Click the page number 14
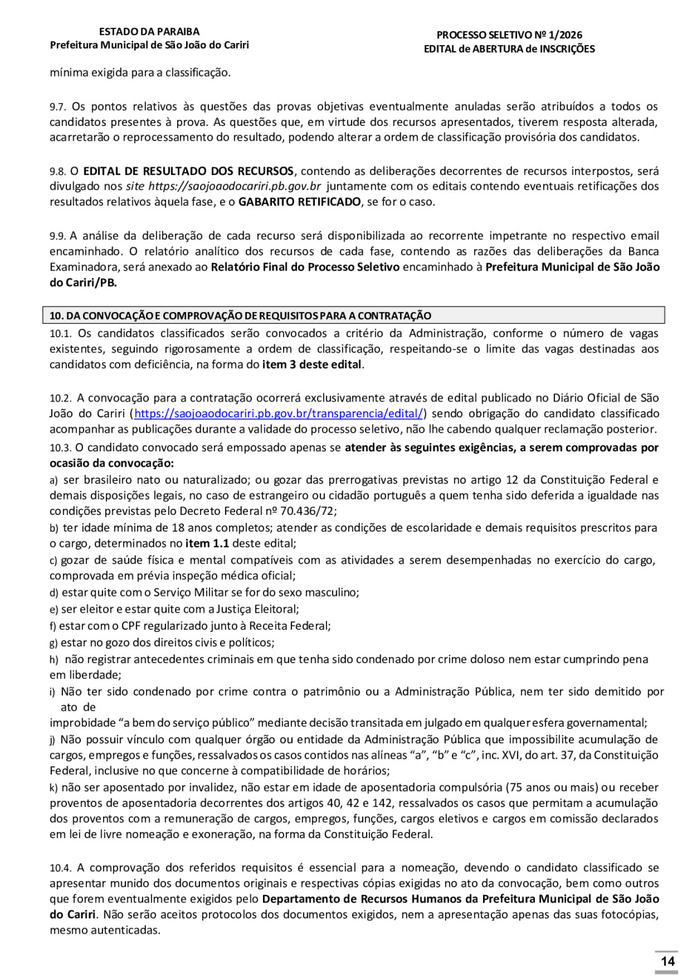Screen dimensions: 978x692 click(667, 961)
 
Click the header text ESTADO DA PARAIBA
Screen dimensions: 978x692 click(149, 32)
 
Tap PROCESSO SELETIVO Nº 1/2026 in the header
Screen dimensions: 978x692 click(509, 35)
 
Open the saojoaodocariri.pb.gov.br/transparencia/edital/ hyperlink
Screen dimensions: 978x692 click(278, 414)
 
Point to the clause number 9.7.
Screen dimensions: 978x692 click(57, 107)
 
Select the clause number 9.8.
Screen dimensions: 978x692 click(57, 172)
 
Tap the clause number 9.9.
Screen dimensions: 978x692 click(57, 237)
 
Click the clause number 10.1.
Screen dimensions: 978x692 click(60, 334)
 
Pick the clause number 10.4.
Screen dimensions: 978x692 click(60, 869)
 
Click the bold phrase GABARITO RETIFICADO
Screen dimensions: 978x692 click(300, 202)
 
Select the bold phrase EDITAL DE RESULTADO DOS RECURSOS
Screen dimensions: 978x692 click(188, 171)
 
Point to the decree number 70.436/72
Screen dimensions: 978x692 click(307, 511)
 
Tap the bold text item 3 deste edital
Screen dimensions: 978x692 click(312, 365)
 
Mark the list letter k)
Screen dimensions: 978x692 click(53, 788)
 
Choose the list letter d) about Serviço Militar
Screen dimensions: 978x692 click(53, 593)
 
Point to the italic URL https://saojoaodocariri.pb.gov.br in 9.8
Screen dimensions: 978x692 click(235, 187)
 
